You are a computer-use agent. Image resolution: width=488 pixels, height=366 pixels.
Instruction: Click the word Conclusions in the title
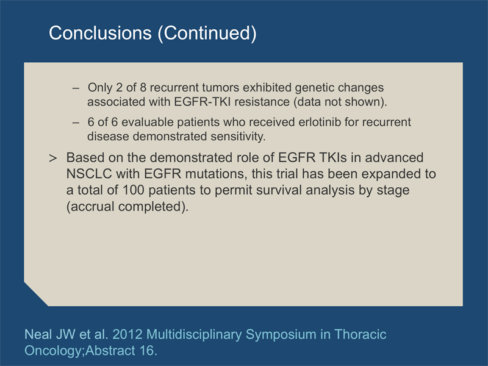point(100,33)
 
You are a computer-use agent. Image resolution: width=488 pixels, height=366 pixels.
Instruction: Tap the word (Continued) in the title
point(207,34)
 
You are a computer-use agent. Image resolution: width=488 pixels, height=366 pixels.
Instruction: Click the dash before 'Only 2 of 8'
point(76,88)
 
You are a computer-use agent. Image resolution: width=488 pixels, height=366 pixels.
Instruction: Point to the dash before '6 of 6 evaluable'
point(76,123)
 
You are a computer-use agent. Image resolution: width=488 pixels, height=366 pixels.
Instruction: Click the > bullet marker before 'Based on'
point(53,159)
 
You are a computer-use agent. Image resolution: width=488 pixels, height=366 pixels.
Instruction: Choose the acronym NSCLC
point(89,174)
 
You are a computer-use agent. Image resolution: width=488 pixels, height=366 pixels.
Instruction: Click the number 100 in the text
point(134,190)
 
